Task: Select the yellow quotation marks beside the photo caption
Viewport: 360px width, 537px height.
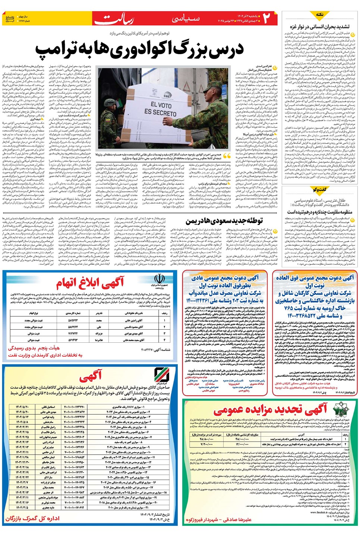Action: pyautogui.click(x=227, y=156)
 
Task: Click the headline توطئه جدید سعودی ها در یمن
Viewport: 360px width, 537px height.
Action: pyautogui.click(x=224, y=221)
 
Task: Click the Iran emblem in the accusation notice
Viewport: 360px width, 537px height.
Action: pyautogui.click(x=160, y=280)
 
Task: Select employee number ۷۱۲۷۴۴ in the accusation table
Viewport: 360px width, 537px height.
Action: pyautogui.click(x=73, y=333)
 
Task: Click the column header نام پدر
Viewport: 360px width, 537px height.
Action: pyautogui.click(x=99, y=313)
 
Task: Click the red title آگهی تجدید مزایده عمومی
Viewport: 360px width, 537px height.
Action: pyautogui.click(x=271, y=410)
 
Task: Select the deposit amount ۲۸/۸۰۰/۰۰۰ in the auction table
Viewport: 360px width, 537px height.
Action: pyautogui.click(x=206, y=439)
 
